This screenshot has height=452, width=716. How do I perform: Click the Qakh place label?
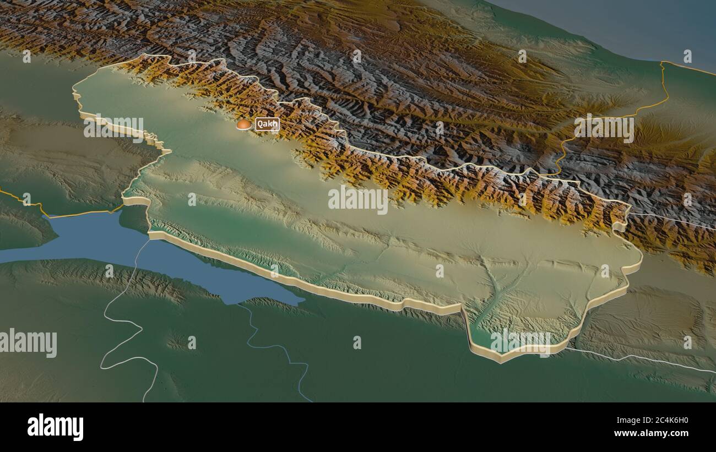[267, 124]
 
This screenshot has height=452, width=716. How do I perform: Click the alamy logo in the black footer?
[55, 427]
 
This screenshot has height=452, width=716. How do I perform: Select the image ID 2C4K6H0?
[661, 421]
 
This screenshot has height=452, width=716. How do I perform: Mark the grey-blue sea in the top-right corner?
[633, 28]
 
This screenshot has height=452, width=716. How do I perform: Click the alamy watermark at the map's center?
[358, 200]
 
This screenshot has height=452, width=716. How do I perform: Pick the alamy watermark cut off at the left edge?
[28, 342]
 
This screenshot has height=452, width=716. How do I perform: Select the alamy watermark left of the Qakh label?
[113, 128]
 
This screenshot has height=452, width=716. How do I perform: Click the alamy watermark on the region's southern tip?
[520, 342]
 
